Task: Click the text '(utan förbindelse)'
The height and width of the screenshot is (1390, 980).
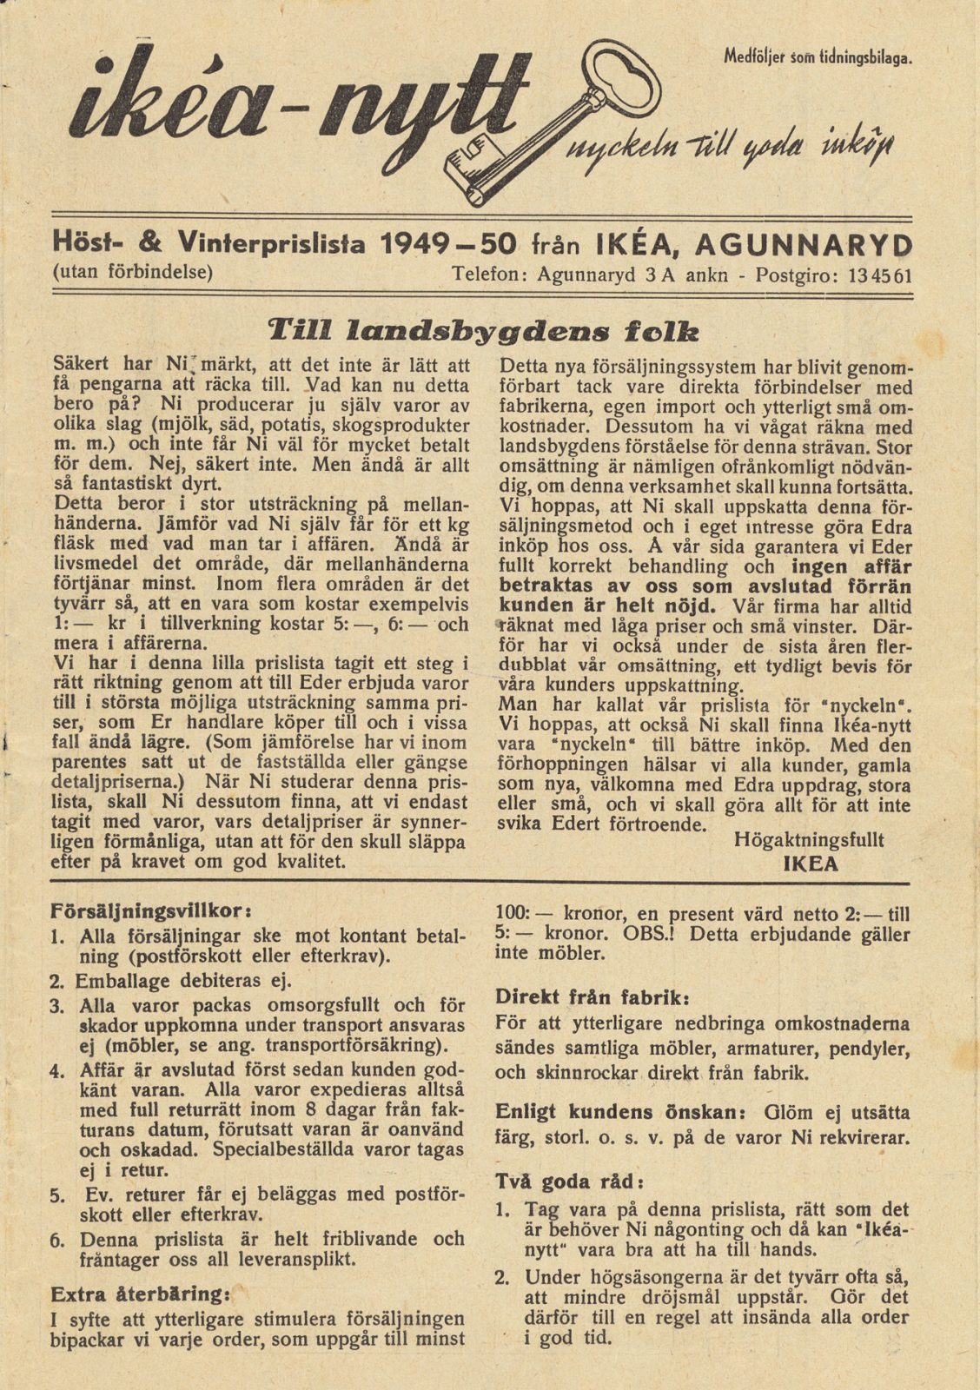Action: [133, 271]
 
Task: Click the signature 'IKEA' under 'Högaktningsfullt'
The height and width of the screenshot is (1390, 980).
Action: [810, 864]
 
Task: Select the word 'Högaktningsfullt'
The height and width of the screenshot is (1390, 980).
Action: [808, 840]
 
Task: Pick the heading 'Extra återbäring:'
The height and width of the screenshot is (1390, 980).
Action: [140, 1291]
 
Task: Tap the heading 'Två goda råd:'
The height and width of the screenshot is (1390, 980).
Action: [570, 1181]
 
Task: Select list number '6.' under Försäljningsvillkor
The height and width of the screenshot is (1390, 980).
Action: [58, 1241]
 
